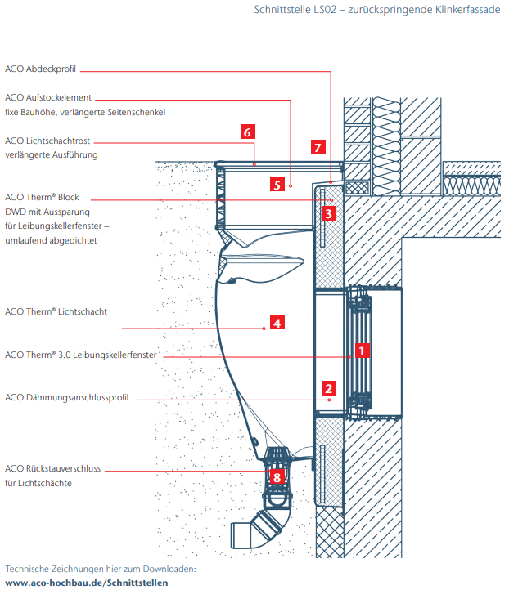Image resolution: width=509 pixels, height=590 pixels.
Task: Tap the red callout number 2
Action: [328, 389]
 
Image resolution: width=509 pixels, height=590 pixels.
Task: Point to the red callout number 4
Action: [277, 323]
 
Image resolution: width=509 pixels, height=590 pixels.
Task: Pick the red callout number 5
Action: [277, 185]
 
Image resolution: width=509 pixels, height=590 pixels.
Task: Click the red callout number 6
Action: [248, 131]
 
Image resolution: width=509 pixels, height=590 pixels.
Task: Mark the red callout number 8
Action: [277, 476]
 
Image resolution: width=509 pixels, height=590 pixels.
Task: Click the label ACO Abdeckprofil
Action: [40, 69]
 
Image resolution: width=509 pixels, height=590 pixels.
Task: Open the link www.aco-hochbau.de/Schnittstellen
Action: [86, 582]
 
